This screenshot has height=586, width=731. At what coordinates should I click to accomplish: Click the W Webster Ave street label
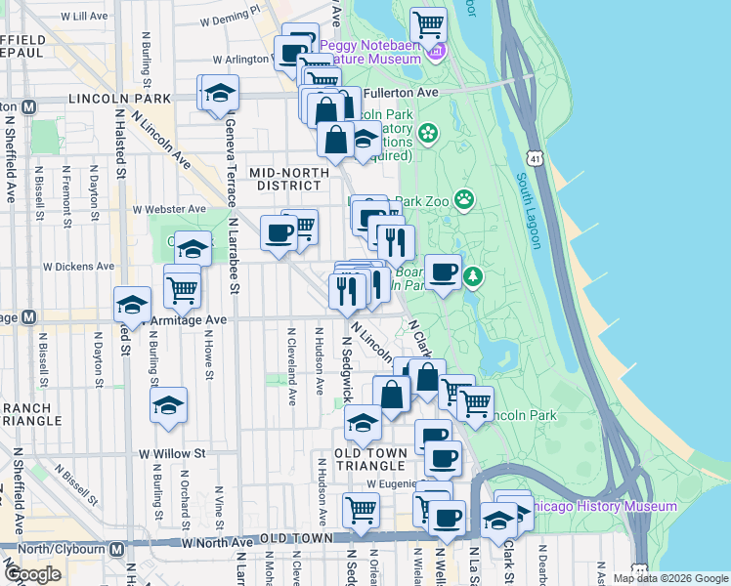point(170,209)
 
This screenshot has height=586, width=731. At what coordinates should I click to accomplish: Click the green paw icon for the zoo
point(464,200)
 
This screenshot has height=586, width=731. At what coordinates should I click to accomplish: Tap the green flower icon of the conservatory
point(427,132)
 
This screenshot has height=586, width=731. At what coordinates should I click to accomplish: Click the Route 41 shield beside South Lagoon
point(534,156)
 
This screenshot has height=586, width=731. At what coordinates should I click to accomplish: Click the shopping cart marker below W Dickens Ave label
point(182,287)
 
